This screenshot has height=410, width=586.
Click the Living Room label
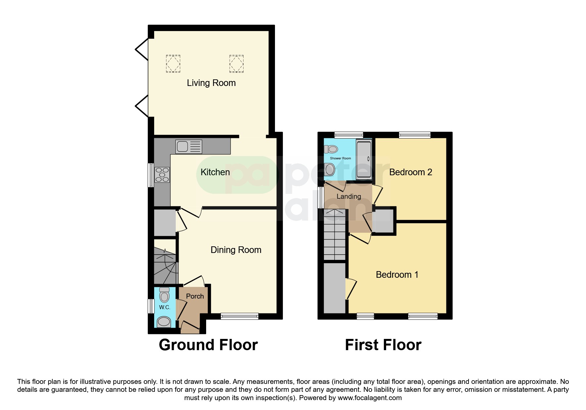211,83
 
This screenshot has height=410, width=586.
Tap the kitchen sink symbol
189,146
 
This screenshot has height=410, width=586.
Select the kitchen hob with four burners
162,175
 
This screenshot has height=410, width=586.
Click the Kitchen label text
215,172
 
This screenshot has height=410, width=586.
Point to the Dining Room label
236,250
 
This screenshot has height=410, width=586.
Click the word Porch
195,296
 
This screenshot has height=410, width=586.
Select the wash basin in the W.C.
164,322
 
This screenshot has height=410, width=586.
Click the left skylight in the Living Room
173,63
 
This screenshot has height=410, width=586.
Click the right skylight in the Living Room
237,63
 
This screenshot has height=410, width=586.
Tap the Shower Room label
340,158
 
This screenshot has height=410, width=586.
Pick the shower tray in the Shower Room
364,159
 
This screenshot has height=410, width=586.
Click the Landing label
349,196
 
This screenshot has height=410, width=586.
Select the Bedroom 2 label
411,172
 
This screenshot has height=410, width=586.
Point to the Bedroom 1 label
397,274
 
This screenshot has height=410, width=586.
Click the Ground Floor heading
208,345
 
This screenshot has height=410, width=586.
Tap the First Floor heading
383,345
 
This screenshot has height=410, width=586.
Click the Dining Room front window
240,316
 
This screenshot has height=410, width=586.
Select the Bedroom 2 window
415,135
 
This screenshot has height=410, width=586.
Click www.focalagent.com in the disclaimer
370,398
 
